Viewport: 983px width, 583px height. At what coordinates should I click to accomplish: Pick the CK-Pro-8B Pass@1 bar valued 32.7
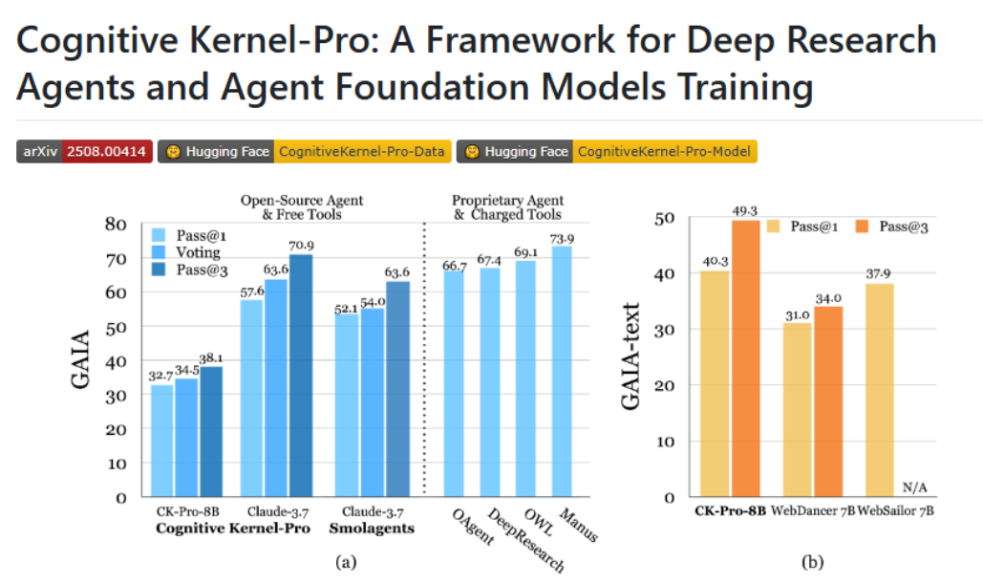pos(162,440)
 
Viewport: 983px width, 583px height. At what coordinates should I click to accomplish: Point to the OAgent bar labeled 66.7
pos(455,382)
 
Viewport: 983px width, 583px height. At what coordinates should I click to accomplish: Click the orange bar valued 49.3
pos(746,358)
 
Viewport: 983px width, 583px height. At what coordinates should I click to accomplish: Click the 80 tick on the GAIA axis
pos(115,225)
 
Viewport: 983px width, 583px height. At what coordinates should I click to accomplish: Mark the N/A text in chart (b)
pos(914,488)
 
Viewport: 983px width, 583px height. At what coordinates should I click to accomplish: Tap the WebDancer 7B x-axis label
pos(813,511)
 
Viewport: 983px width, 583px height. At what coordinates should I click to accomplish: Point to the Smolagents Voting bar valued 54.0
pos(373,401)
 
